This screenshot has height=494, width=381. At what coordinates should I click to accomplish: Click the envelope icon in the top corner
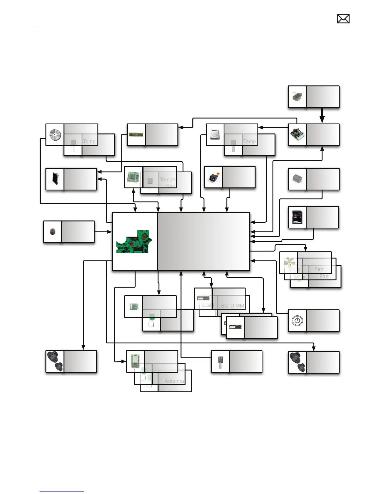[x=343, y=19]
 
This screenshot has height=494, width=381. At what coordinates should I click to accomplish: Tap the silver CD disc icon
[x=55, y=135]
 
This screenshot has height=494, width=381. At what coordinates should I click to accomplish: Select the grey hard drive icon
[x=215, y=135]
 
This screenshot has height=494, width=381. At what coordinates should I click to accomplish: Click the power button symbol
[x=297, y=321]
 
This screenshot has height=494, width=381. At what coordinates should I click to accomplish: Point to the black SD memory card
[x=297, y=217]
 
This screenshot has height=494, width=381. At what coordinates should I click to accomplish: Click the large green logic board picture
[x=134, y=242]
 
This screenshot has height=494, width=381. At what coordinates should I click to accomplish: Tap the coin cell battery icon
[x=53, y=232]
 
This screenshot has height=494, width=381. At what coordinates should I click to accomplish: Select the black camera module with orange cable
[x=214, y=177]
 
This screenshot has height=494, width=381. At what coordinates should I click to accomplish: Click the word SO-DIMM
[x=233, y=306]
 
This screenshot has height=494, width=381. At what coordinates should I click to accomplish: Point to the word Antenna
[x=174, y=381]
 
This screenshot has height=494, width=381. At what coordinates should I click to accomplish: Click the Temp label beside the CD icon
[x=89, y=141]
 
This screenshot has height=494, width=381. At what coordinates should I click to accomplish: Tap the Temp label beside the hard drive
[x=250, y=141]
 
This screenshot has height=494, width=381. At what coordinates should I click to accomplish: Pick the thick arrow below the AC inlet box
[x=322, y=116]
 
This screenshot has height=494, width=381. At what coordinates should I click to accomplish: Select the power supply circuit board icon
[x=297, y=135]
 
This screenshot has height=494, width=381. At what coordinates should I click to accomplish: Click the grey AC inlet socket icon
[x=297, y=97]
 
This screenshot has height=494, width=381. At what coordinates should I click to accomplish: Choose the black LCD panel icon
[x=55, y=179]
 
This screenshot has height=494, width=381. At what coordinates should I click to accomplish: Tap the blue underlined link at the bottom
[x=62, y=491]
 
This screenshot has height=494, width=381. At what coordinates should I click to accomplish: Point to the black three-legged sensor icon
[x=220, y=362]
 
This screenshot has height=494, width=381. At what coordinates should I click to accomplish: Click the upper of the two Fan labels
[x=318, y=269]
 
